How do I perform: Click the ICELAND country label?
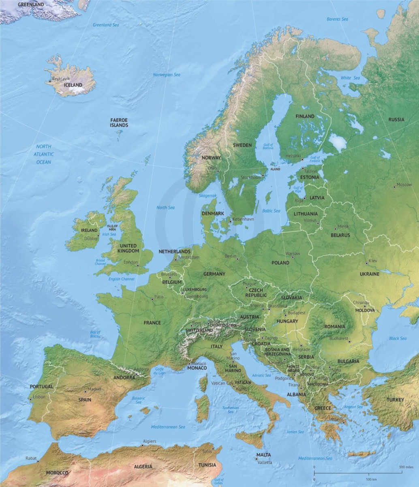[x=73, y=85]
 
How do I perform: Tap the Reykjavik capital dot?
[x=50, y=82]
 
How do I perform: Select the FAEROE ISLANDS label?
[x=119, y=123]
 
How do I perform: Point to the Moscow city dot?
[x=394, y=187]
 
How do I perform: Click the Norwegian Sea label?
[x=167, y=75]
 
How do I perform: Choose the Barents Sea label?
[x=338, y=19]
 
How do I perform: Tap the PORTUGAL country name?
[x=41, y=387]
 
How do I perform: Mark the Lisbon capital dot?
[x=31, y=399]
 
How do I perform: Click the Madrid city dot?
[x=86, y=392]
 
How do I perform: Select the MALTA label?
[x=263, y=455]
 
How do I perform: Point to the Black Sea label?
[x=398, y=338]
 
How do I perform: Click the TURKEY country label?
[x=395, y=400]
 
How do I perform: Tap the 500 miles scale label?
[x=406, y=468]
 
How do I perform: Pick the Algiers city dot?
[x=142, y=445]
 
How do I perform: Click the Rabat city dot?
[x=38, y=461]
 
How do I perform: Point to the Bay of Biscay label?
[x=95, y=334]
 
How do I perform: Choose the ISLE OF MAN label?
[x=112, y=227]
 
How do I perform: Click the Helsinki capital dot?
[x=302, y=159]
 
